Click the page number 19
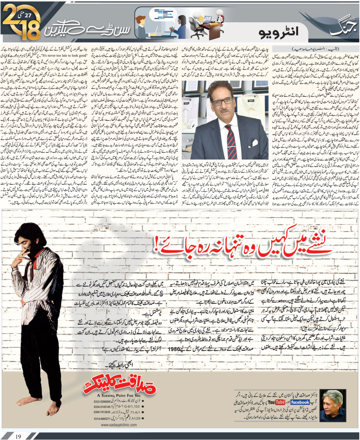point(19,436)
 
